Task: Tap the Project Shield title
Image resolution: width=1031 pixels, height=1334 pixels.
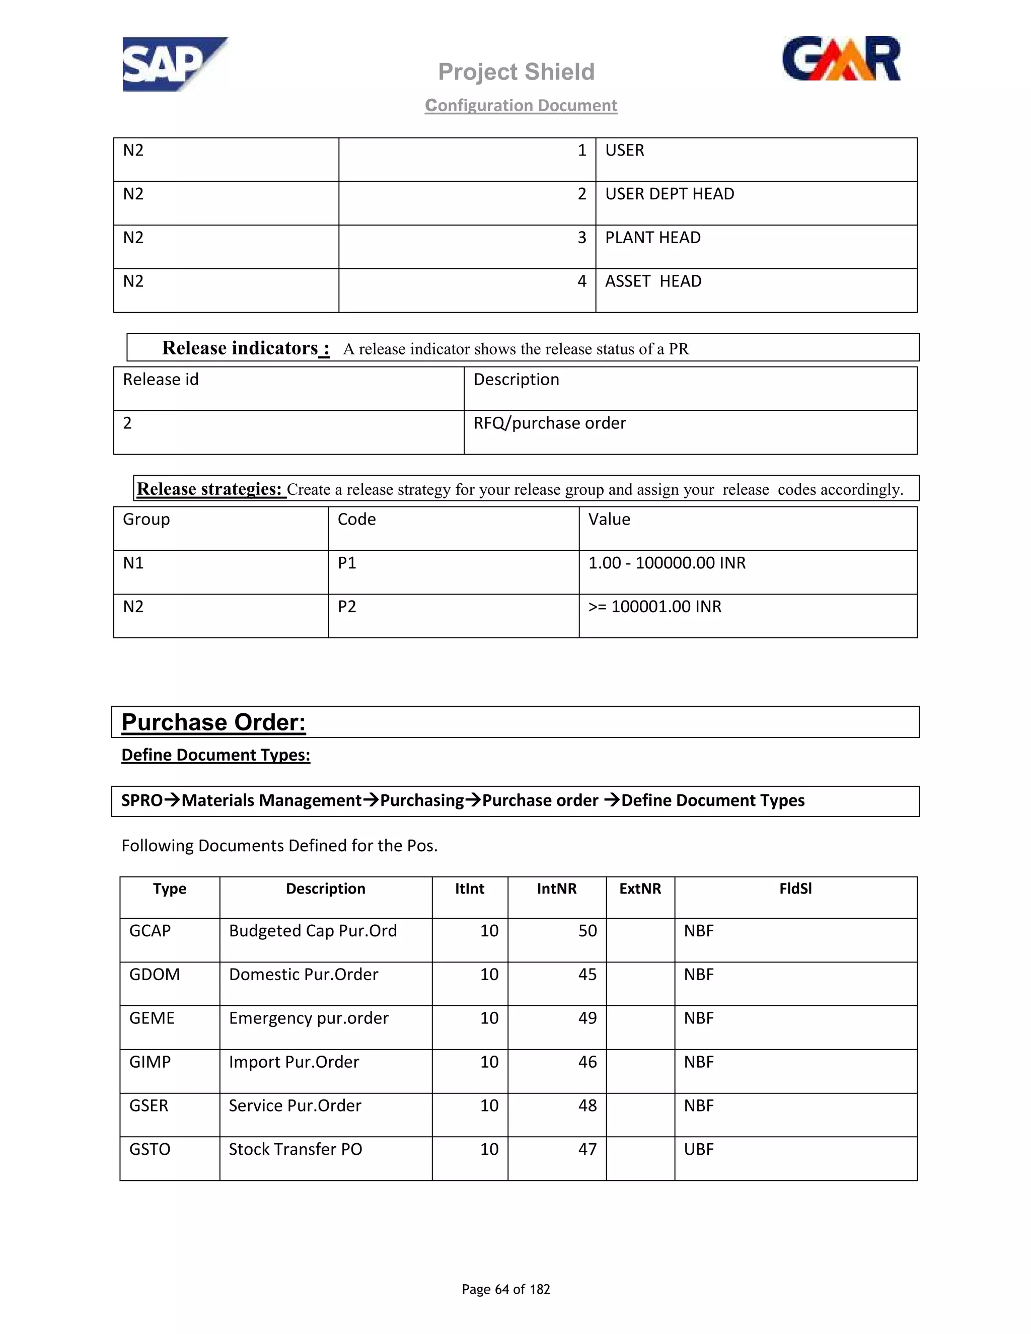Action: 516,72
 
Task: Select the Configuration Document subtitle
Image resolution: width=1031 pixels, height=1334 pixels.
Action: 521,106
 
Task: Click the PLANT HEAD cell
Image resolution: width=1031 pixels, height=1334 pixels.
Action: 652,238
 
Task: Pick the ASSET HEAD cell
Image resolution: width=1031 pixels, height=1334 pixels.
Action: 653,281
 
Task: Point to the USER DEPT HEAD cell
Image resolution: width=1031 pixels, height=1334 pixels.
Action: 670,194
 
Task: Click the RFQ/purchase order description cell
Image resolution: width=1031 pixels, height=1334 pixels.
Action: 550,423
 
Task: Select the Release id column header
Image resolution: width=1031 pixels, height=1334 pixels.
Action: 161,380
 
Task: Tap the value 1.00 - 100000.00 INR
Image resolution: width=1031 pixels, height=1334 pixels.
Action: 667,563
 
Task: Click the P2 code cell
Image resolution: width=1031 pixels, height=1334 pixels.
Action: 347,607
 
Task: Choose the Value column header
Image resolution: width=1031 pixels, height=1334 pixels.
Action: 609,520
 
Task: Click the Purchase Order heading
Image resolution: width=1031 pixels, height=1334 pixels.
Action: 213,722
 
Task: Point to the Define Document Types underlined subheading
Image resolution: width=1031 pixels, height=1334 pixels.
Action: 215,756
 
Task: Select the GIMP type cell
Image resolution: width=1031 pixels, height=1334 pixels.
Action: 150,1062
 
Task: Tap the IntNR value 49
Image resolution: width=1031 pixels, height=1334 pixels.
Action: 587,1018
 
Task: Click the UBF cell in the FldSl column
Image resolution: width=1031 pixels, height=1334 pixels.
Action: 698,1150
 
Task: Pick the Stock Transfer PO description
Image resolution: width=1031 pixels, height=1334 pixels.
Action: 295,1150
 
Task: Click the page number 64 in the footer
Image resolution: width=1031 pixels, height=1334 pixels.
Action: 501,1289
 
